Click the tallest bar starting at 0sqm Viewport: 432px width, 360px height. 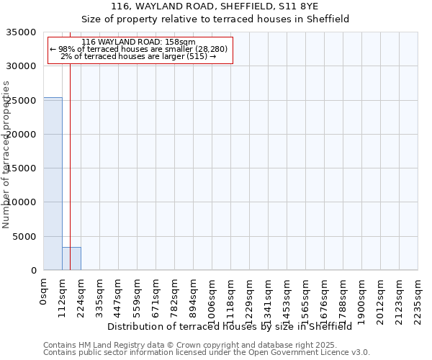(x=53, y=184)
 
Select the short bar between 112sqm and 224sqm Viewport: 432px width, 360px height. (x=71, y=258)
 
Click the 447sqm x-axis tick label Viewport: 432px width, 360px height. (x=119, y=296)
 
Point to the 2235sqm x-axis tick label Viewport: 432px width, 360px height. (x=418, y=299)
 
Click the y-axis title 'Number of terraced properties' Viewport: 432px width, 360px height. (x=6, y=154)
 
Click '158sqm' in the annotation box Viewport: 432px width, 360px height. (x=179, y=42)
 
